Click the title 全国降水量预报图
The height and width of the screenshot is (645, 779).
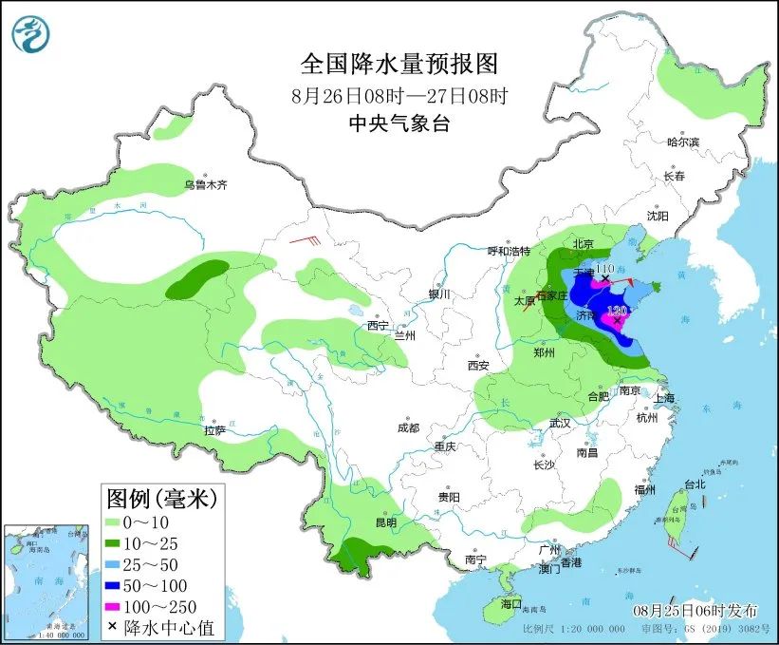click(x=399, y=64)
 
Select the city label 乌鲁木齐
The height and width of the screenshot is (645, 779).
click(x=206, y=184)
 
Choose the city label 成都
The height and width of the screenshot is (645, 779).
click(x=409, y=427)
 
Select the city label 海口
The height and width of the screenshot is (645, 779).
click(x=511, y=604)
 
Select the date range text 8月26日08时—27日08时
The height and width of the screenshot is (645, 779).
click(x=399, y=95)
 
